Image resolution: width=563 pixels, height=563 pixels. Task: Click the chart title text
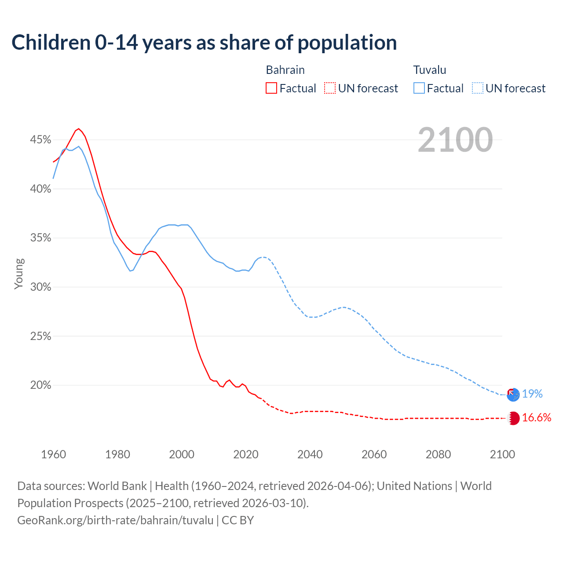point(204,43)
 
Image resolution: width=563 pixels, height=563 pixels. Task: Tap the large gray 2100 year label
point(455,140)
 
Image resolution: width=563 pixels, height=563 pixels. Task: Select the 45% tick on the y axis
point(40,140)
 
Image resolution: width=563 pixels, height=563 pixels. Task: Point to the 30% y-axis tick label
point(40,287)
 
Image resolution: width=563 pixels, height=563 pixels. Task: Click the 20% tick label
point(40,385)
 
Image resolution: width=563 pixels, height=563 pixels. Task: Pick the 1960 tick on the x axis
point(53,454)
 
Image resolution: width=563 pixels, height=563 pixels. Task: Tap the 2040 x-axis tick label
point(310,454)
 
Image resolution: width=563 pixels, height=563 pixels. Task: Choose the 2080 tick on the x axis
point(438,454)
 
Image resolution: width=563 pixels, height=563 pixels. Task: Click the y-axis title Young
point(18,274)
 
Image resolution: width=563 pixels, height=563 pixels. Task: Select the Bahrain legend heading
point(285,70)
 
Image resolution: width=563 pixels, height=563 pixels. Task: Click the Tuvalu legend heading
point(430,70)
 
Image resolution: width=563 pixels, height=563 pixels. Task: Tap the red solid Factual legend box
point(271,88)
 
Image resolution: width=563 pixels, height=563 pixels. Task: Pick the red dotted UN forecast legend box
point(330,88)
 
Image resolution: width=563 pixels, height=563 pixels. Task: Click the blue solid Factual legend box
point(419,88)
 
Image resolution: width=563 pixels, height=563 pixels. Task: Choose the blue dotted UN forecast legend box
point(477,88)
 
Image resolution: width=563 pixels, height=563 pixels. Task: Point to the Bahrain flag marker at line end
point(513,418)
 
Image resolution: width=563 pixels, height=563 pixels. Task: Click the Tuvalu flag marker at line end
point(513,395)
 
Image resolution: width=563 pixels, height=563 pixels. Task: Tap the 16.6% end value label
point(537,418)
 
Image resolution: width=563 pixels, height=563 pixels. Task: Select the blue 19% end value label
point(532,394)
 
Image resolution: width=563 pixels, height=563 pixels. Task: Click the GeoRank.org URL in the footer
point(115,520)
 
